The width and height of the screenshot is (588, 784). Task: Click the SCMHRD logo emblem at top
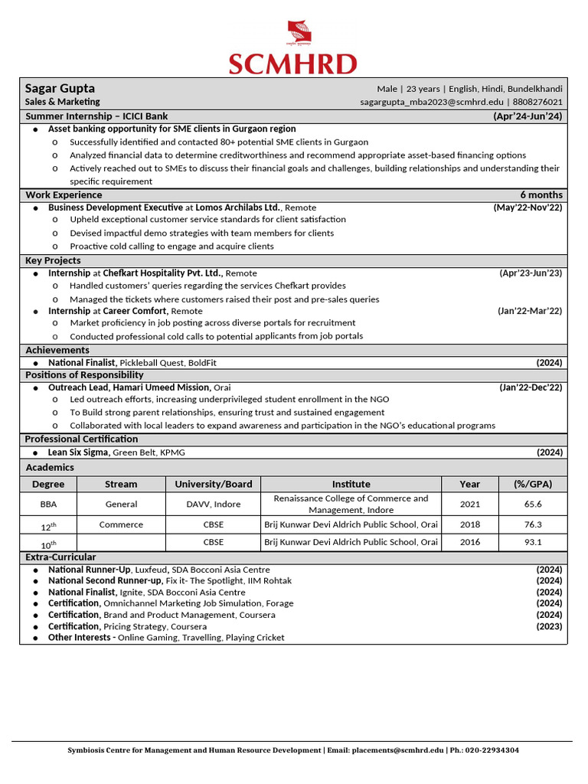coord(300,35)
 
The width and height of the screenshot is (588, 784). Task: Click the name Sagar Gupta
coord(60,88)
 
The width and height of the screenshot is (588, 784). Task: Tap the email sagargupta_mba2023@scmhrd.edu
coord(432,102)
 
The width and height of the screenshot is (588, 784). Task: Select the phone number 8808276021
coord(537,102)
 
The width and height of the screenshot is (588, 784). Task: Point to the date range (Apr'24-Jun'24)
coord(528,116)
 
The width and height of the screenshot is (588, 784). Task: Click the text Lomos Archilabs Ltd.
coord(238,207)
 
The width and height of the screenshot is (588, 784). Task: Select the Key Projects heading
coord(53,260)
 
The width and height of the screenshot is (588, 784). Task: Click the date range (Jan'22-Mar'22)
coord(530,311)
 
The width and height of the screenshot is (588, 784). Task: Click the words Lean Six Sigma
coord(79,452)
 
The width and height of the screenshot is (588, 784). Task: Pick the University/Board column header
coord(213,484)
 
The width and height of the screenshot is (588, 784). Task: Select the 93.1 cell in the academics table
coord(533,542)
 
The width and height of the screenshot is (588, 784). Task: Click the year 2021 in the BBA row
coord(470,505)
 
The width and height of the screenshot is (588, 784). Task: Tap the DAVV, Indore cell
coord(213,505)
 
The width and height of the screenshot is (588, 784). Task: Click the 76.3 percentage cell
coord(533,524)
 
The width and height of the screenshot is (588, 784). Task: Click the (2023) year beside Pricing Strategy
coord(549,626)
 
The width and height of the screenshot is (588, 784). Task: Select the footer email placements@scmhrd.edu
coord(397,750)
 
